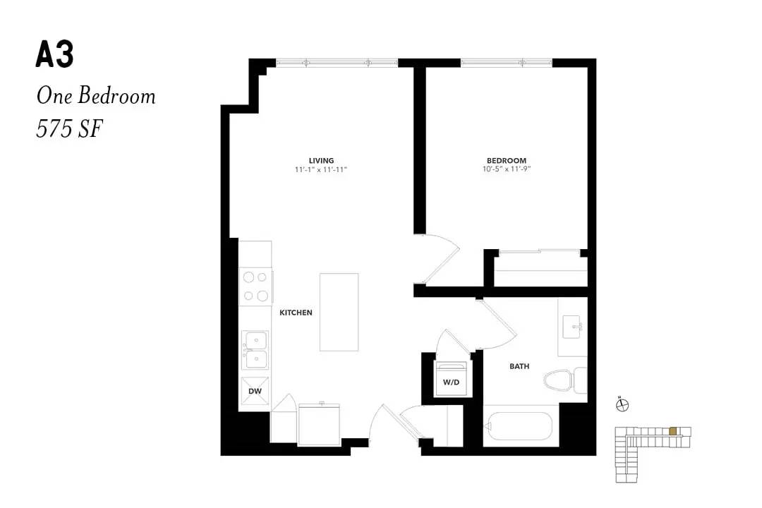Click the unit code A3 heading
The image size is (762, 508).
coord(54,54)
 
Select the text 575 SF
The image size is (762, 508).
coord(69,129)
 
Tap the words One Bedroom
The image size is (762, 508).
coord(96,95)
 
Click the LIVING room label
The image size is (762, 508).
coord(321,160)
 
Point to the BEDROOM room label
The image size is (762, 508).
coord(507,160)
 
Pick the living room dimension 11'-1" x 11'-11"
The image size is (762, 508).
coord(321,169)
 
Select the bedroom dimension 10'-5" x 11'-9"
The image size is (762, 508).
coord(507,169)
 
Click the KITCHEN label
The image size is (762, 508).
coord(296,313)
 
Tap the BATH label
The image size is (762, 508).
coord(519,366)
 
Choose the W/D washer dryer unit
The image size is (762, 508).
coord(451,379)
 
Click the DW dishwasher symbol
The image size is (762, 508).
coord(255,391)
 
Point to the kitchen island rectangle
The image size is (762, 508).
coord(339,312)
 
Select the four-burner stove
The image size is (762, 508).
coord(255,286)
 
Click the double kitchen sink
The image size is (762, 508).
coord(255,351)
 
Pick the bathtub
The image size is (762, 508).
coord(519,426)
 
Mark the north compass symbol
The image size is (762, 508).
coord(622,404)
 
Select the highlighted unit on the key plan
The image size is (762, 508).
coord(672,430)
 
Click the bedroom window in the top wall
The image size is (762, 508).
coord(507,63)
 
